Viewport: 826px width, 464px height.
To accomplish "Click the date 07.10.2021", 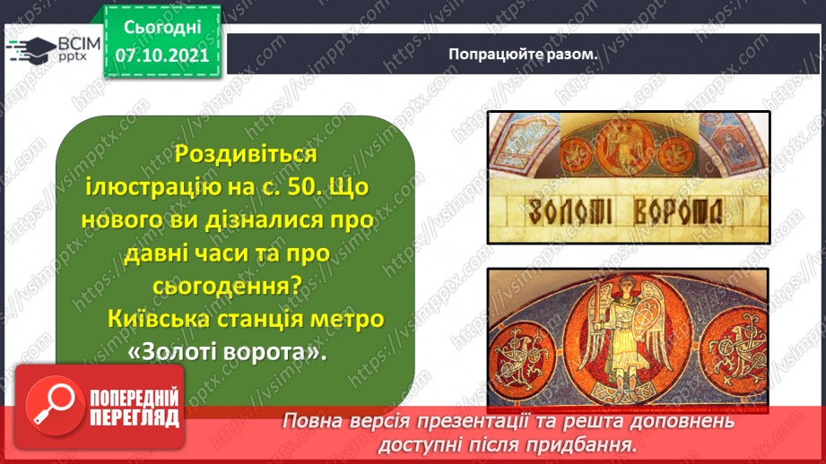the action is pyautogui.click(x=162, y=56).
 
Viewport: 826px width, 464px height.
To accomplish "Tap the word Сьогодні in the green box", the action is pyautogui.click(x=162, y=28).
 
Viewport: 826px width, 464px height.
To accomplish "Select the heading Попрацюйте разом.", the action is pyautogui.click(x=523, y=54).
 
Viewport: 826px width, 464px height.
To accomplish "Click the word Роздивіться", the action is pyautogui.click(x=246, y=154).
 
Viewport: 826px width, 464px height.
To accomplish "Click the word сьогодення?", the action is pyautogui.click(x=228, y=286).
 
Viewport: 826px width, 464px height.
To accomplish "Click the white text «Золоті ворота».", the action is pyautogui.click(x=228, y=352).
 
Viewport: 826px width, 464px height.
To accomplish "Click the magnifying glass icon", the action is pyautogui.click(x=55, y=405).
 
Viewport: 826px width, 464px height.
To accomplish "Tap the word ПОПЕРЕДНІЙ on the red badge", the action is pyautogui.click(x=135, y=399).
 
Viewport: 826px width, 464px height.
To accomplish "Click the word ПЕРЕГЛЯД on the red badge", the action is pyautogui.click(x=135, y=418).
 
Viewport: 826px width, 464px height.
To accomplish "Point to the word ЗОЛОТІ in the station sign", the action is pyautogui.click(x=570, y=212).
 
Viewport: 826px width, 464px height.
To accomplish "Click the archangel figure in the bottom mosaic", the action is pyautogui.click(x=627, y=338).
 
